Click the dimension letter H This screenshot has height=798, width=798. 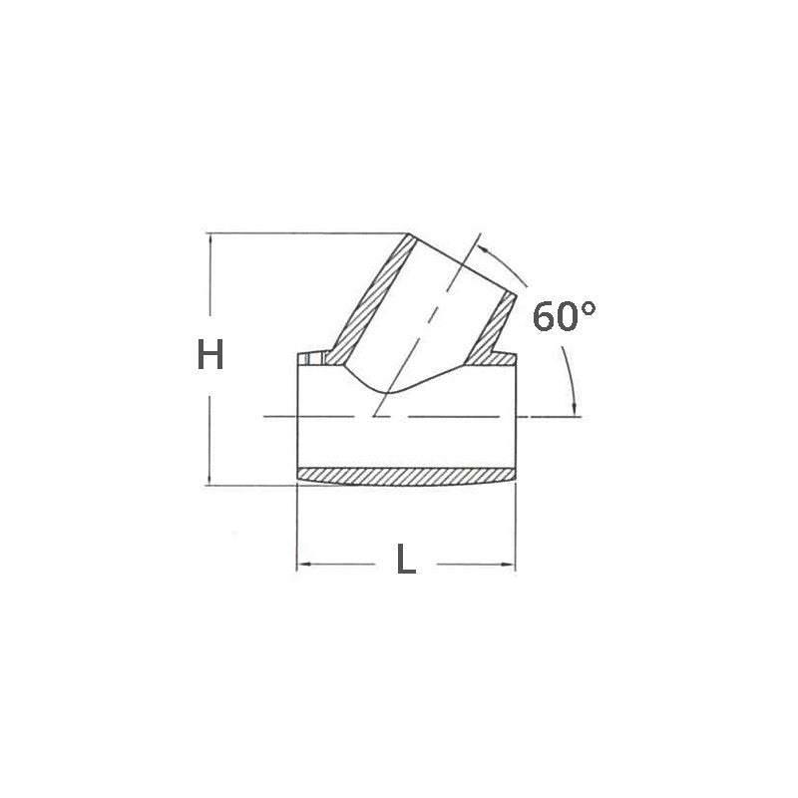tap(209, 355)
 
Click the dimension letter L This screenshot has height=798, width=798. tap(405, 562)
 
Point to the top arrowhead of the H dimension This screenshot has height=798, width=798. tap(209, 240)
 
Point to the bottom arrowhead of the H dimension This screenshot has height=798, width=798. tap(209, 479)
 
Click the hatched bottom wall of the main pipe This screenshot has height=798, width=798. tap(406, 476)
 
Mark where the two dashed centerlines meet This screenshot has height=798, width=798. tap(372, 415)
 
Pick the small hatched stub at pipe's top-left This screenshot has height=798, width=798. tap(315, 359)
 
